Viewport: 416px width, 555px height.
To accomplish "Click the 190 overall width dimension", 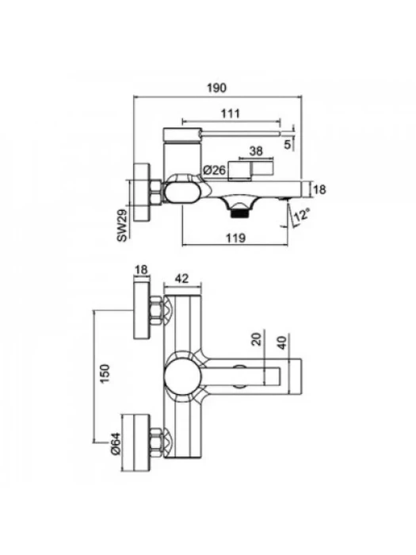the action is (x=216, y=87).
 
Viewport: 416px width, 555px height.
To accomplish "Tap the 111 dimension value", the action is (x=231, y=113).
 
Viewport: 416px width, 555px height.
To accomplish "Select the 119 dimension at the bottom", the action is (x=235, y=238).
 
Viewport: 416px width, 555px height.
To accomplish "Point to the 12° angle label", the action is (x=302, y=215).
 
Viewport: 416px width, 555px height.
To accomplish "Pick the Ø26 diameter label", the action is (x=215, y=170).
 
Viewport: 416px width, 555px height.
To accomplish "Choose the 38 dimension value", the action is (x=256, y=151).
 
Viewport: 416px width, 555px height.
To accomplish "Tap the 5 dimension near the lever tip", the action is (x=287, y=144).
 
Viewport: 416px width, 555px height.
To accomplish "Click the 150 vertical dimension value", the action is (x=105, y=373).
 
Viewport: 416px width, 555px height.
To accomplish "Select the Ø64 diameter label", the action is (x=116, y=443).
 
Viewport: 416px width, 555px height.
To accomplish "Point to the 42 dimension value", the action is (x=181, y=279).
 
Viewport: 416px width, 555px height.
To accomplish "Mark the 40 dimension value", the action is (x=282, y=343).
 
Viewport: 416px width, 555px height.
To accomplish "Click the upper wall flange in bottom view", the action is (x=142, y=310).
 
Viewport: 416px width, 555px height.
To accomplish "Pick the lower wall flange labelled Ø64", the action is (x=135, y=442).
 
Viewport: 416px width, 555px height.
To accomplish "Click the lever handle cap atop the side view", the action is (x=181, y=134).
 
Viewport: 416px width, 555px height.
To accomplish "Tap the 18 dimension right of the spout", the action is (x=319, y=189).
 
